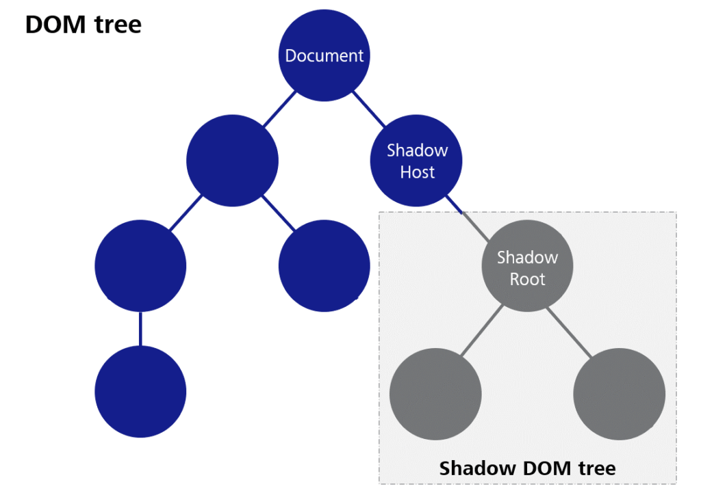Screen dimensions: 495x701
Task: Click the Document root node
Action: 324,55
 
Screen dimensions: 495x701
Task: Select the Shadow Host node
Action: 416,161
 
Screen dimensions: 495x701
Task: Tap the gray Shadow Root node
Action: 527,268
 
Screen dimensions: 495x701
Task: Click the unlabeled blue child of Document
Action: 233,161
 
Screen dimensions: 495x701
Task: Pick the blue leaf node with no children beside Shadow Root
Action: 324,266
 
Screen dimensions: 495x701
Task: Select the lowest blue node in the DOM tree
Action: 140,391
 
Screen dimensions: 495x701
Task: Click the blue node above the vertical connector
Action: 140,266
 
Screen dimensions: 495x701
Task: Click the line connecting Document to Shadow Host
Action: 370,109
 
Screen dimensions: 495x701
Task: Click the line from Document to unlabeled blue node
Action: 279,109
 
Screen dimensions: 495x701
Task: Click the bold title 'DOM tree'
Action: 83,25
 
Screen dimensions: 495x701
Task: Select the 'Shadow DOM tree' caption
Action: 527,468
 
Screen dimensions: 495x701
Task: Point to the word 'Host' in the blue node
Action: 417,172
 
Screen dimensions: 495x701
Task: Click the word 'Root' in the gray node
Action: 527,279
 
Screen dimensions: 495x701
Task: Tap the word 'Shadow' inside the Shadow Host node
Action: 417,150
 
